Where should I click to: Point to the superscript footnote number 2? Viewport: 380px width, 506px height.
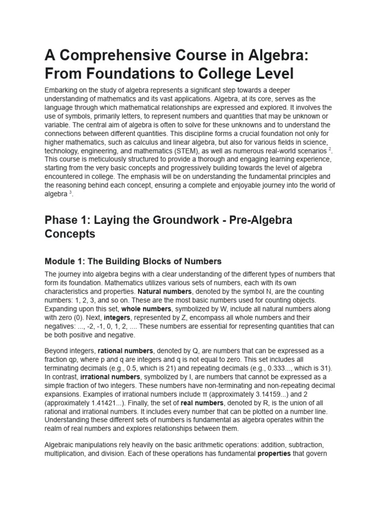coord(330,148)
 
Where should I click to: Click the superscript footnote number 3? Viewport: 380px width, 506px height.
coord(71,192)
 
